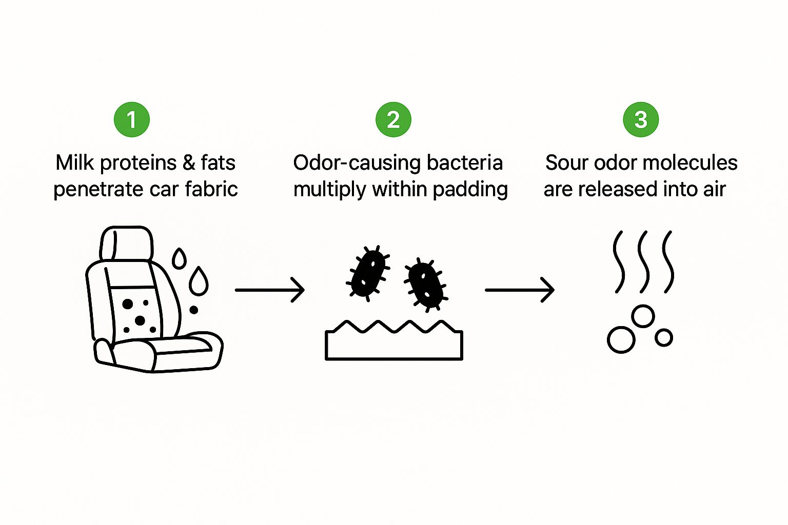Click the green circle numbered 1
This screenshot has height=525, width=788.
coord(132,120)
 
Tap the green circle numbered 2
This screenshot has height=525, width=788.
coord(393,120)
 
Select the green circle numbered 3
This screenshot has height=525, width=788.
coord(641,120)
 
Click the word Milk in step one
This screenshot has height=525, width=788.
coord(74,163)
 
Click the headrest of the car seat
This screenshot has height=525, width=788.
coord(127,243)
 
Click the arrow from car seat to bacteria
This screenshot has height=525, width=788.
coord(270,290)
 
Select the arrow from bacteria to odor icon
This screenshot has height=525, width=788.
coord(520,290)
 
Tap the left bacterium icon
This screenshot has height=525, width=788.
coord(368,272)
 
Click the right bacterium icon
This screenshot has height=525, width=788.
coord(426,284)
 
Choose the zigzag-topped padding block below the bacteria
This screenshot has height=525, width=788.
coord(394,345)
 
